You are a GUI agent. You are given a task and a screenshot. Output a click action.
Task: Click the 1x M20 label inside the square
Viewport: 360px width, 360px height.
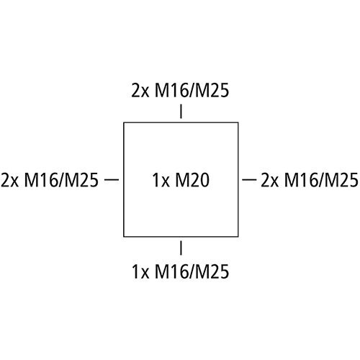tap(181, 180)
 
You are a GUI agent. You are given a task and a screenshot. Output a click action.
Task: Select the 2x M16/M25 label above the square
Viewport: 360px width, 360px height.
tap(180, 91)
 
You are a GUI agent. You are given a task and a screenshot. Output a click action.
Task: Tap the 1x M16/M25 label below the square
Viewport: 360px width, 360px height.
tap(181, 271)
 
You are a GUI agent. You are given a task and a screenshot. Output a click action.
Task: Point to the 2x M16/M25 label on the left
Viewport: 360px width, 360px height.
tap(50, 180)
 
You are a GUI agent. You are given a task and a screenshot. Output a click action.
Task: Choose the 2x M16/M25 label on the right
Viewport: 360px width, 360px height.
tap(310, 180)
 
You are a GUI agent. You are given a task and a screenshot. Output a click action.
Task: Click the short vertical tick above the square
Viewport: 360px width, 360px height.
tap(181, 112)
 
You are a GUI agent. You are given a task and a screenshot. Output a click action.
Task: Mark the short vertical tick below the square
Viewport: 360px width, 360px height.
tap(181, 248)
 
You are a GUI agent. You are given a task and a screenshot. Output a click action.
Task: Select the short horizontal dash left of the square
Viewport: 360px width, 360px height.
tap(112, 179)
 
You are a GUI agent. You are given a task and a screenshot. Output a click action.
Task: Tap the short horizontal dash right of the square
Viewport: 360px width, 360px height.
tap(249, 179)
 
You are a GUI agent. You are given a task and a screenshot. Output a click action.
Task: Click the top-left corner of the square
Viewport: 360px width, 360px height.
tap(124, 122)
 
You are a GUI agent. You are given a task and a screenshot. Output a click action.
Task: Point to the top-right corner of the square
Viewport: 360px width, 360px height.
tap(238, 122)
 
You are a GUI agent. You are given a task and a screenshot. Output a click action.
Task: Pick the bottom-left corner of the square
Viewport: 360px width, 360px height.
tap(124, 237)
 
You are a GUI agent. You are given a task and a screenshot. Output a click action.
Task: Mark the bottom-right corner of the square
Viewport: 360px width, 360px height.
tap(238, 237)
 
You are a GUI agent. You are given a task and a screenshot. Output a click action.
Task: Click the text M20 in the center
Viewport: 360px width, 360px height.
tap(192, 180)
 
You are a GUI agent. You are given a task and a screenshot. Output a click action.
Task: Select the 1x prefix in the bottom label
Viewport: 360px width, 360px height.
tap(140, 271)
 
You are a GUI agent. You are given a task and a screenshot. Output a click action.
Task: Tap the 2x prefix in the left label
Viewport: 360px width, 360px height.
tap(9, 180)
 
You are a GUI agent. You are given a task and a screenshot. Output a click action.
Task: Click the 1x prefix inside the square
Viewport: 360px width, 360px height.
tap(161, 180)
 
